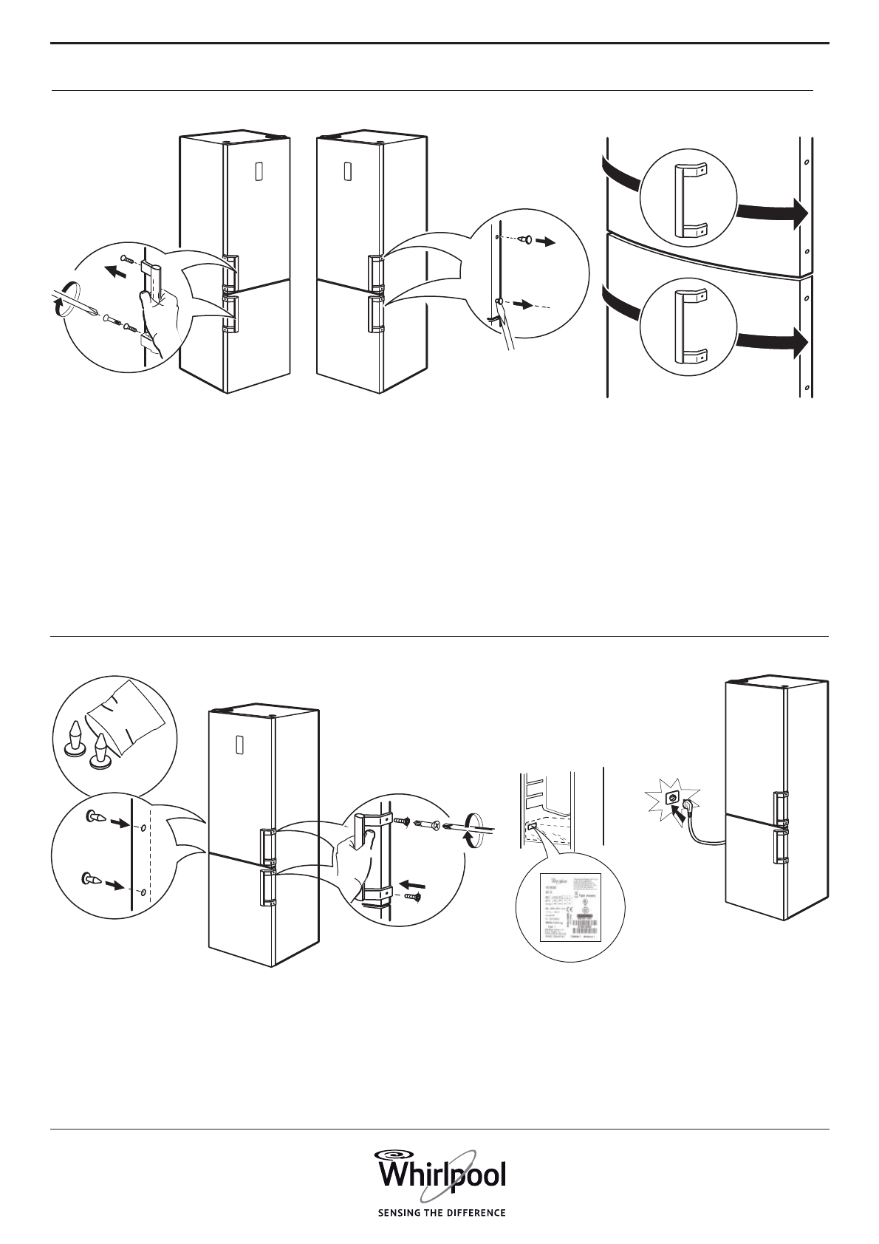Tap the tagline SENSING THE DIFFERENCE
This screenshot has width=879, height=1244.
(x=442, y=1212)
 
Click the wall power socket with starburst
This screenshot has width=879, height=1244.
(x=672, y=798)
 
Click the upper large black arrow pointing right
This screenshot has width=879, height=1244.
(x=773, y=213)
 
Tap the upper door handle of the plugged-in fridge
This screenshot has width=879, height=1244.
(x=779, y=807)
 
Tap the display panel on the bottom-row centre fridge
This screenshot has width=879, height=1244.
(x=239, y=745)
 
